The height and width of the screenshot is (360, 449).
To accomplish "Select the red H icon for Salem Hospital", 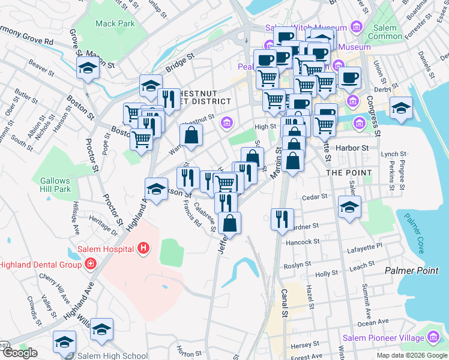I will pos(143,247).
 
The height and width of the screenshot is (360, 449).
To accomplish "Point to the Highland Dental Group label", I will pos(40,264).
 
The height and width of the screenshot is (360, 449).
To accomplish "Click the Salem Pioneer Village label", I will pos(382,338).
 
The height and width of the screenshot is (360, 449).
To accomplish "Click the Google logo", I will pos(20,353).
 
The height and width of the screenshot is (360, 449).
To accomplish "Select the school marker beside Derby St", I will pos(400,108).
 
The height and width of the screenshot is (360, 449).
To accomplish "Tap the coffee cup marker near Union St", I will pos(349,77).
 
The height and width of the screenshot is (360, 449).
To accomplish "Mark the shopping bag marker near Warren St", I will pos(190,136).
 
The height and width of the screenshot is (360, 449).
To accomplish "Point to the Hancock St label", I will pos(303,242).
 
